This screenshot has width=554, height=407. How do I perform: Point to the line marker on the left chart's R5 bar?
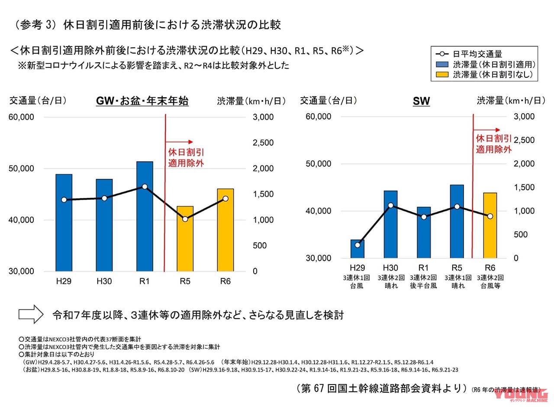point(185,219)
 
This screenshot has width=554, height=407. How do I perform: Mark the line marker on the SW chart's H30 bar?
point(391,205)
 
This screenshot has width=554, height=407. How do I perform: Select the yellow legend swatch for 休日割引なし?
point(442,74)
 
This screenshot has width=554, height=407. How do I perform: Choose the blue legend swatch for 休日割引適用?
point(442,64)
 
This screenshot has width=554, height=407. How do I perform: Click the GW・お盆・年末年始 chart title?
point(142,102)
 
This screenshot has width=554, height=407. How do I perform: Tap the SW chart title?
point(421,102)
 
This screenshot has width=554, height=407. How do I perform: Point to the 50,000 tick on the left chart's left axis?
point(22,169)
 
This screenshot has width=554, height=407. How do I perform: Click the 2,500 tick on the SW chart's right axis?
point(524,140)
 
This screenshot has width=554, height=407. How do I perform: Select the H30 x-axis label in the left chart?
point(104,281)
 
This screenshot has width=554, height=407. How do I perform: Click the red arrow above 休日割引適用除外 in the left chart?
point(179,141)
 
